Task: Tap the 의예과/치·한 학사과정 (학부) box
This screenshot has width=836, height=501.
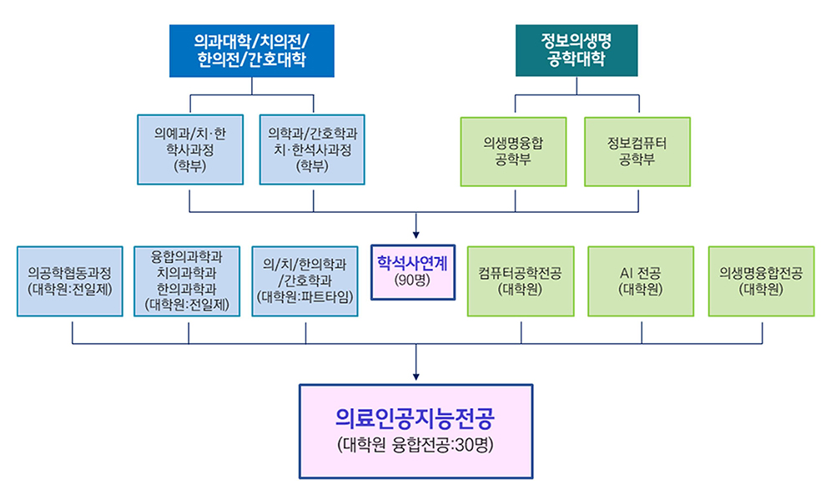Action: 190,149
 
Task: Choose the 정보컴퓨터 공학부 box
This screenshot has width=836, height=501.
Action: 637,151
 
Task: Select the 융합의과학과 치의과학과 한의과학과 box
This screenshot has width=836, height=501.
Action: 188,281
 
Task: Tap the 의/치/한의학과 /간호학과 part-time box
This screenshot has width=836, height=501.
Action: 305,281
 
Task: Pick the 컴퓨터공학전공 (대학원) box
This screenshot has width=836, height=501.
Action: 521,281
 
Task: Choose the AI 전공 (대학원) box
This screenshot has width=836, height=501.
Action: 641,281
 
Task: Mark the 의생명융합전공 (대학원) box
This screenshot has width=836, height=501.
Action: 761,281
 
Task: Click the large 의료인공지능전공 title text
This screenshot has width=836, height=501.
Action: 415,417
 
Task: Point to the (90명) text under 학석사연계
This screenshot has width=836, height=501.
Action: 413,281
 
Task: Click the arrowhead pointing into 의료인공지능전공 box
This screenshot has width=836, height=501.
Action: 415,377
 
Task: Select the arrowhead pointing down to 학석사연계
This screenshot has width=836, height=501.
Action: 415,232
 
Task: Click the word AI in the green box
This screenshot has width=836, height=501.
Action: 627,273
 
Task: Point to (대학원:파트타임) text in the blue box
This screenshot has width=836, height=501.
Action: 305,296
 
